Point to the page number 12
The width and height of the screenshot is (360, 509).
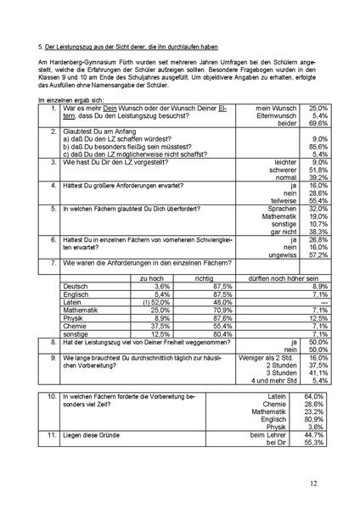[x=313, y=483]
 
